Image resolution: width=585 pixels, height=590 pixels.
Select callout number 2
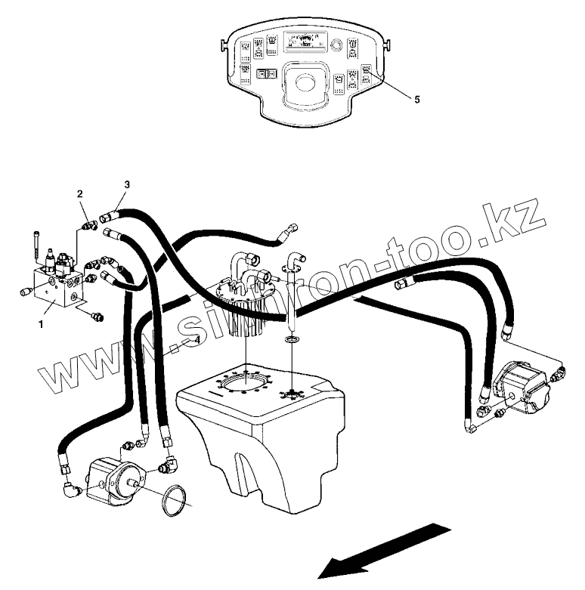(79, 195)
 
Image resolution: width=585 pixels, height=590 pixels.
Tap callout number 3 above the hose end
(127, 184)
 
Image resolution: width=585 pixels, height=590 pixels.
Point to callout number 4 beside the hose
(197, 340)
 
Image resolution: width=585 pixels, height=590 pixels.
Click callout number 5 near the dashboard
(416, 99)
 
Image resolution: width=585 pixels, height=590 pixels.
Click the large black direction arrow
(382, 549)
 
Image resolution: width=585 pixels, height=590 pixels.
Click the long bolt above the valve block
(36, 242)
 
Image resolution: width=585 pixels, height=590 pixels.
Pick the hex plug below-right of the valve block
(96, 317)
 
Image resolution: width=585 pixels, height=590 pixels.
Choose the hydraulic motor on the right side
(522, 387)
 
